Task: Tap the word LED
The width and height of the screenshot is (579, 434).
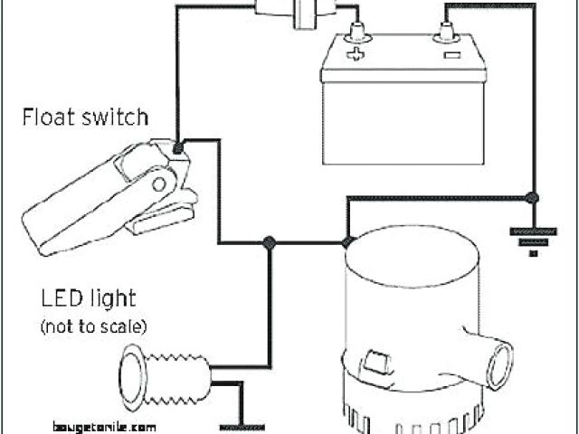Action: point(62,297)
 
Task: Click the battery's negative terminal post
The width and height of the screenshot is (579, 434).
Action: point(447,33)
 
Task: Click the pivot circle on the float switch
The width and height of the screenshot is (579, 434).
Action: point(161,185)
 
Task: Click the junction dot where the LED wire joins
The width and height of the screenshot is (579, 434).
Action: point(269,242)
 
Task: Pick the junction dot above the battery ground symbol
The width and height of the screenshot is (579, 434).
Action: point(532,197)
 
